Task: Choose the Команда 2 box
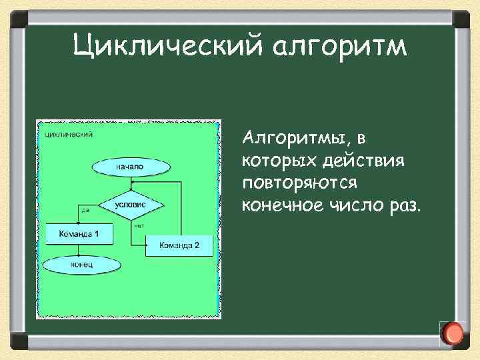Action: pos(179,245)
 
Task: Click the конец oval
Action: pos(82,265)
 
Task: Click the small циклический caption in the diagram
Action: pos(69,133)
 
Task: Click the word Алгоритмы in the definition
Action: pos(295,139)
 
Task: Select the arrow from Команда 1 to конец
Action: pos(77,250)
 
